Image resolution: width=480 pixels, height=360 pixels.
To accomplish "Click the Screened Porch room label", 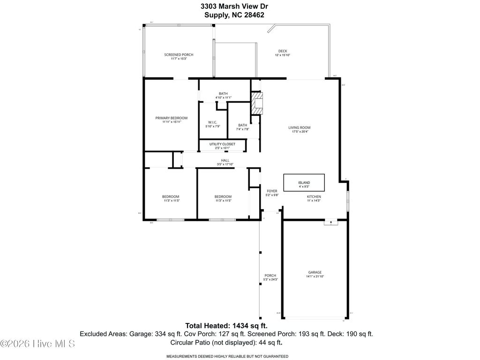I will point(179,55).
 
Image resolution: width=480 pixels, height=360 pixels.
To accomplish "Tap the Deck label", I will point(282,51).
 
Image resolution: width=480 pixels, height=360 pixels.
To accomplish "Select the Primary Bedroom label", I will point(172,118).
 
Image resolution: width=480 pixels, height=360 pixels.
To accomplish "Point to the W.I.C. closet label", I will point(212,122).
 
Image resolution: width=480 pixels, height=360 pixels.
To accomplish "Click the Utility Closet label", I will point(223,144).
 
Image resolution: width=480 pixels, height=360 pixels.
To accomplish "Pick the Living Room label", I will point(299,127).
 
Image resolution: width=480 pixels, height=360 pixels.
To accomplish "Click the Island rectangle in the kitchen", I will point(304,181).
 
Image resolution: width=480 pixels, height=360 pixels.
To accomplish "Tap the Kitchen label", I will point(314,196).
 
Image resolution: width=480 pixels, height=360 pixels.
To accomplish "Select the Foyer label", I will point(272,191).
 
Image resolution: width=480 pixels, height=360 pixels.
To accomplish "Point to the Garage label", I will point(315,272).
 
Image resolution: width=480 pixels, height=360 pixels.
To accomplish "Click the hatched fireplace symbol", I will point(257,103).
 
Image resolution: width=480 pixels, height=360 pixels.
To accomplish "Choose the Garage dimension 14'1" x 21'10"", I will point(315,277).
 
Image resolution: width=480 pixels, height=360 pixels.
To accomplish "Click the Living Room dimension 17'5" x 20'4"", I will point(299,132).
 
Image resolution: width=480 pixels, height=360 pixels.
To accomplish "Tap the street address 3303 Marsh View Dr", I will point(234,6).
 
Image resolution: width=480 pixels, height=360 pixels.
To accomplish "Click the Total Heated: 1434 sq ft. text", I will point(227,325).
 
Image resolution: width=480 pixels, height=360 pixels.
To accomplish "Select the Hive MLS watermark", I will point(37,344).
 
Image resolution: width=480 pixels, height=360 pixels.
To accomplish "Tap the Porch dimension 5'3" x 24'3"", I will point(270,279).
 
